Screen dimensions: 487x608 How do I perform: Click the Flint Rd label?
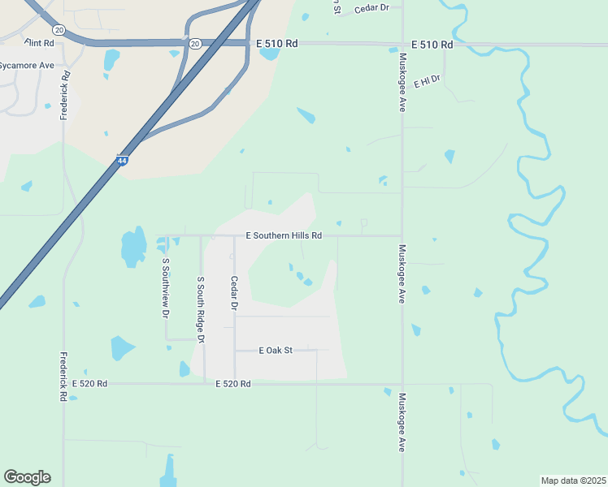point(39,41)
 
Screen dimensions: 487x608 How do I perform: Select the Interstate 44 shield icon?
point(122,162)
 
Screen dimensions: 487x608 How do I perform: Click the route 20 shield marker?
point(194,43)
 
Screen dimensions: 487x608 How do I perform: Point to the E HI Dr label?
point(427,81)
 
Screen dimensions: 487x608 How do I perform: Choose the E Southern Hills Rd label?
point(284,235)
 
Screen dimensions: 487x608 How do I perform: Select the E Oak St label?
point(276,351)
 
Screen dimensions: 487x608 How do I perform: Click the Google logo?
point(27,477)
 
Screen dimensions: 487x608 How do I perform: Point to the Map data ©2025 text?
point(573,481)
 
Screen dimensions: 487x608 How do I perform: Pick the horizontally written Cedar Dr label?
point(372,7)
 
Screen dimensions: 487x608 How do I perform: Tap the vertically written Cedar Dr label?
point(234,293)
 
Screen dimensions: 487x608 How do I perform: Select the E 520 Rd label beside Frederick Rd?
point(90,383)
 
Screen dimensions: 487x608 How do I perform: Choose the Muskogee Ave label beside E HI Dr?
point(402,83)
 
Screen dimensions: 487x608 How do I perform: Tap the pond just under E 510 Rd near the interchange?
point(269,54)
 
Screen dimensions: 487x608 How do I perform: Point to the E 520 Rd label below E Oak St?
point(233,383)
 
